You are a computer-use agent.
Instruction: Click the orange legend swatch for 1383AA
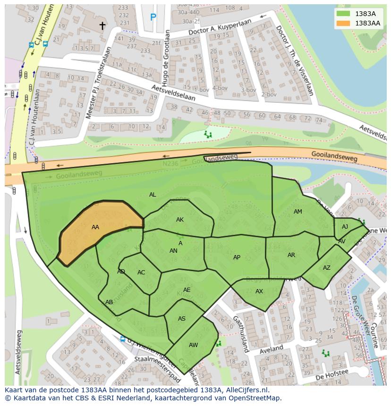[344, 23]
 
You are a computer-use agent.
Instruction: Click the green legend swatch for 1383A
[344, 14]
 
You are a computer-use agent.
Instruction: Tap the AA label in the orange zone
[95, 227]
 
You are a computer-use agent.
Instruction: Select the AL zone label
[153, 195]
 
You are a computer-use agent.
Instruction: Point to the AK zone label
[180, 220]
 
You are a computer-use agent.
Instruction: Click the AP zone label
[237, 257]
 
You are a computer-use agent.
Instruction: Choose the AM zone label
[297, 212]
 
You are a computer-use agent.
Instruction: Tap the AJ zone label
[345, 227]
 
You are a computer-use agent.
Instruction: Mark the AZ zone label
[327, 268]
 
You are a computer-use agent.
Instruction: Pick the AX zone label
[259, 291]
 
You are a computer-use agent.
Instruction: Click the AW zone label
[193, 345]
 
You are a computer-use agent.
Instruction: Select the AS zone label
[182, 319]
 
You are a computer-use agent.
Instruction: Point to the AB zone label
[109, 302]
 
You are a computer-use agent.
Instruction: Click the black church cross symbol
[102, 25]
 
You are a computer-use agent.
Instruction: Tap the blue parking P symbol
[153, 17]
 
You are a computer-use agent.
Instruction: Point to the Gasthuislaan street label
[240, 334]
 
